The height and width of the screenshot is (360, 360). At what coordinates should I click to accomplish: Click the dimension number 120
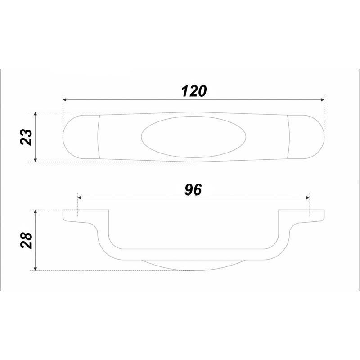click(194, 91)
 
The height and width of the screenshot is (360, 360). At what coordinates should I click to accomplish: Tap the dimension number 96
click(193, 189)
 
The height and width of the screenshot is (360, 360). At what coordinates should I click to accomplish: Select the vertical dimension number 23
click(26, 137)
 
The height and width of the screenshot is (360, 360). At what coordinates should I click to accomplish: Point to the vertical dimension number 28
click(26, 240)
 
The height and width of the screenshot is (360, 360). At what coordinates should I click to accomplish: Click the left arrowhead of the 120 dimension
click(65, 99)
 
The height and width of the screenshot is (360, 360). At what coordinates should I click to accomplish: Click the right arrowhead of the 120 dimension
click(322, 99)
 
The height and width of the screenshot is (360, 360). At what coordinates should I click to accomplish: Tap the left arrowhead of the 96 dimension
click(80, 198)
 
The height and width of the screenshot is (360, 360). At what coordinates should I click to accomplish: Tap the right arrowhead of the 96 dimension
click(308, 198)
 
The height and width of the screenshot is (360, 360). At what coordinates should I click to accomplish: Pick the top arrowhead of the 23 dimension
click(35, 114)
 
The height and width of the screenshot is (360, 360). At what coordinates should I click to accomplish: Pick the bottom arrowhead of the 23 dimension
click(35, 160)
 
